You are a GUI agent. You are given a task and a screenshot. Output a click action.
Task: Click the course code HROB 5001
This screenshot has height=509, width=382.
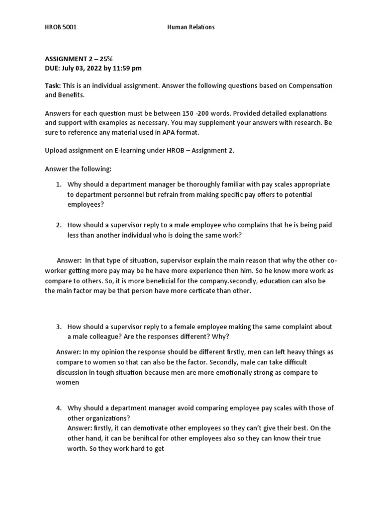[x=61, y=27]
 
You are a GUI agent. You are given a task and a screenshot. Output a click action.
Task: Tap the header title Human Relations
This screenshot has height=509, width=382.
[x=191, y=27]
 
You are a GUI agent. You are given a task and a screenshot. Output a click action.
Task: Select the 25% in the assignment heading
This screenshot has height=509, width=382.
[x=106, y=59]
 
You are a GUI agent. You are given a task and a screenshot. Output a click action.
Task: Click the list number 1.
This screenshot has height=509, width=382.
[x=59, y=184]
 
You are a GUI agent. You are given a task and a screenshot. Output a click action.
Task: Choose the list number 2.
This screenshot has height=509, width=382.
[x=59, y=225]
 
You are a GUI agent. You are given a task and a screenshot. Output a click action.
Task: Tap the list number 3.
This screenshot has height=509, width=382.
[x=59, y=327]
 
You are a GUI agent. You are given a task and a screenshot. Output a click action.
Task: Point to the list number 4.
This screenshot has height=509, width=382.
[x=59, y=408]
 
